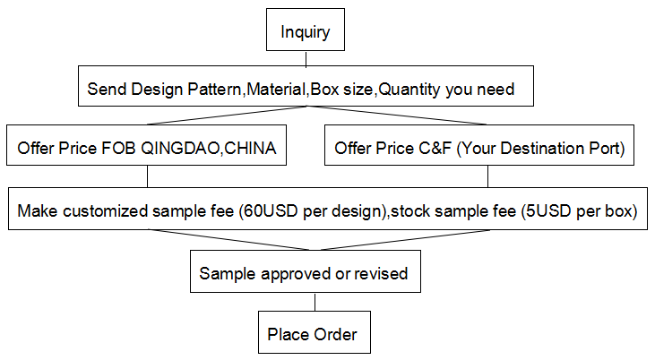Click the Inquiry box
pos(306,30)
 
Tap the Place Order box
pos(315,332)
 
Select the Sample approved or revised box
pos(306,271)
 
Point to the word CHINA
pos(250,149)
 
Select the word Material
pos(276,90)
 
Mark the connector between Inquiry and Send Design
pos(306,58)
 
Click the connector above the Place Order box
pos(315,302)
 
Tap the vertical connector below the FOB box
pos(148,176)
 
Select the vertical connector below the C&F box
pos(488,176)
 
